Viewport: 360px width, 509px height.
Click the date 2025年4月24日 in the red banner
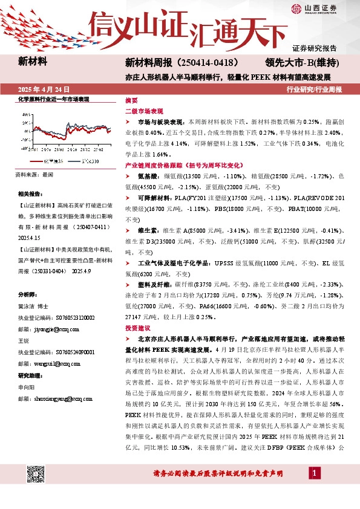coord(43,88)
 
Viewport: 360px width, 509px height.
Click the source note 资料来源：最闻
coord(34,174)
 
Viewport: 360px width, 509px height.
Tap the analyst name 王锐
coord(24,341)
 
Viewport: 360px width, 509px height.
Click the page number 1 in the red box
coord(315,472)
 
